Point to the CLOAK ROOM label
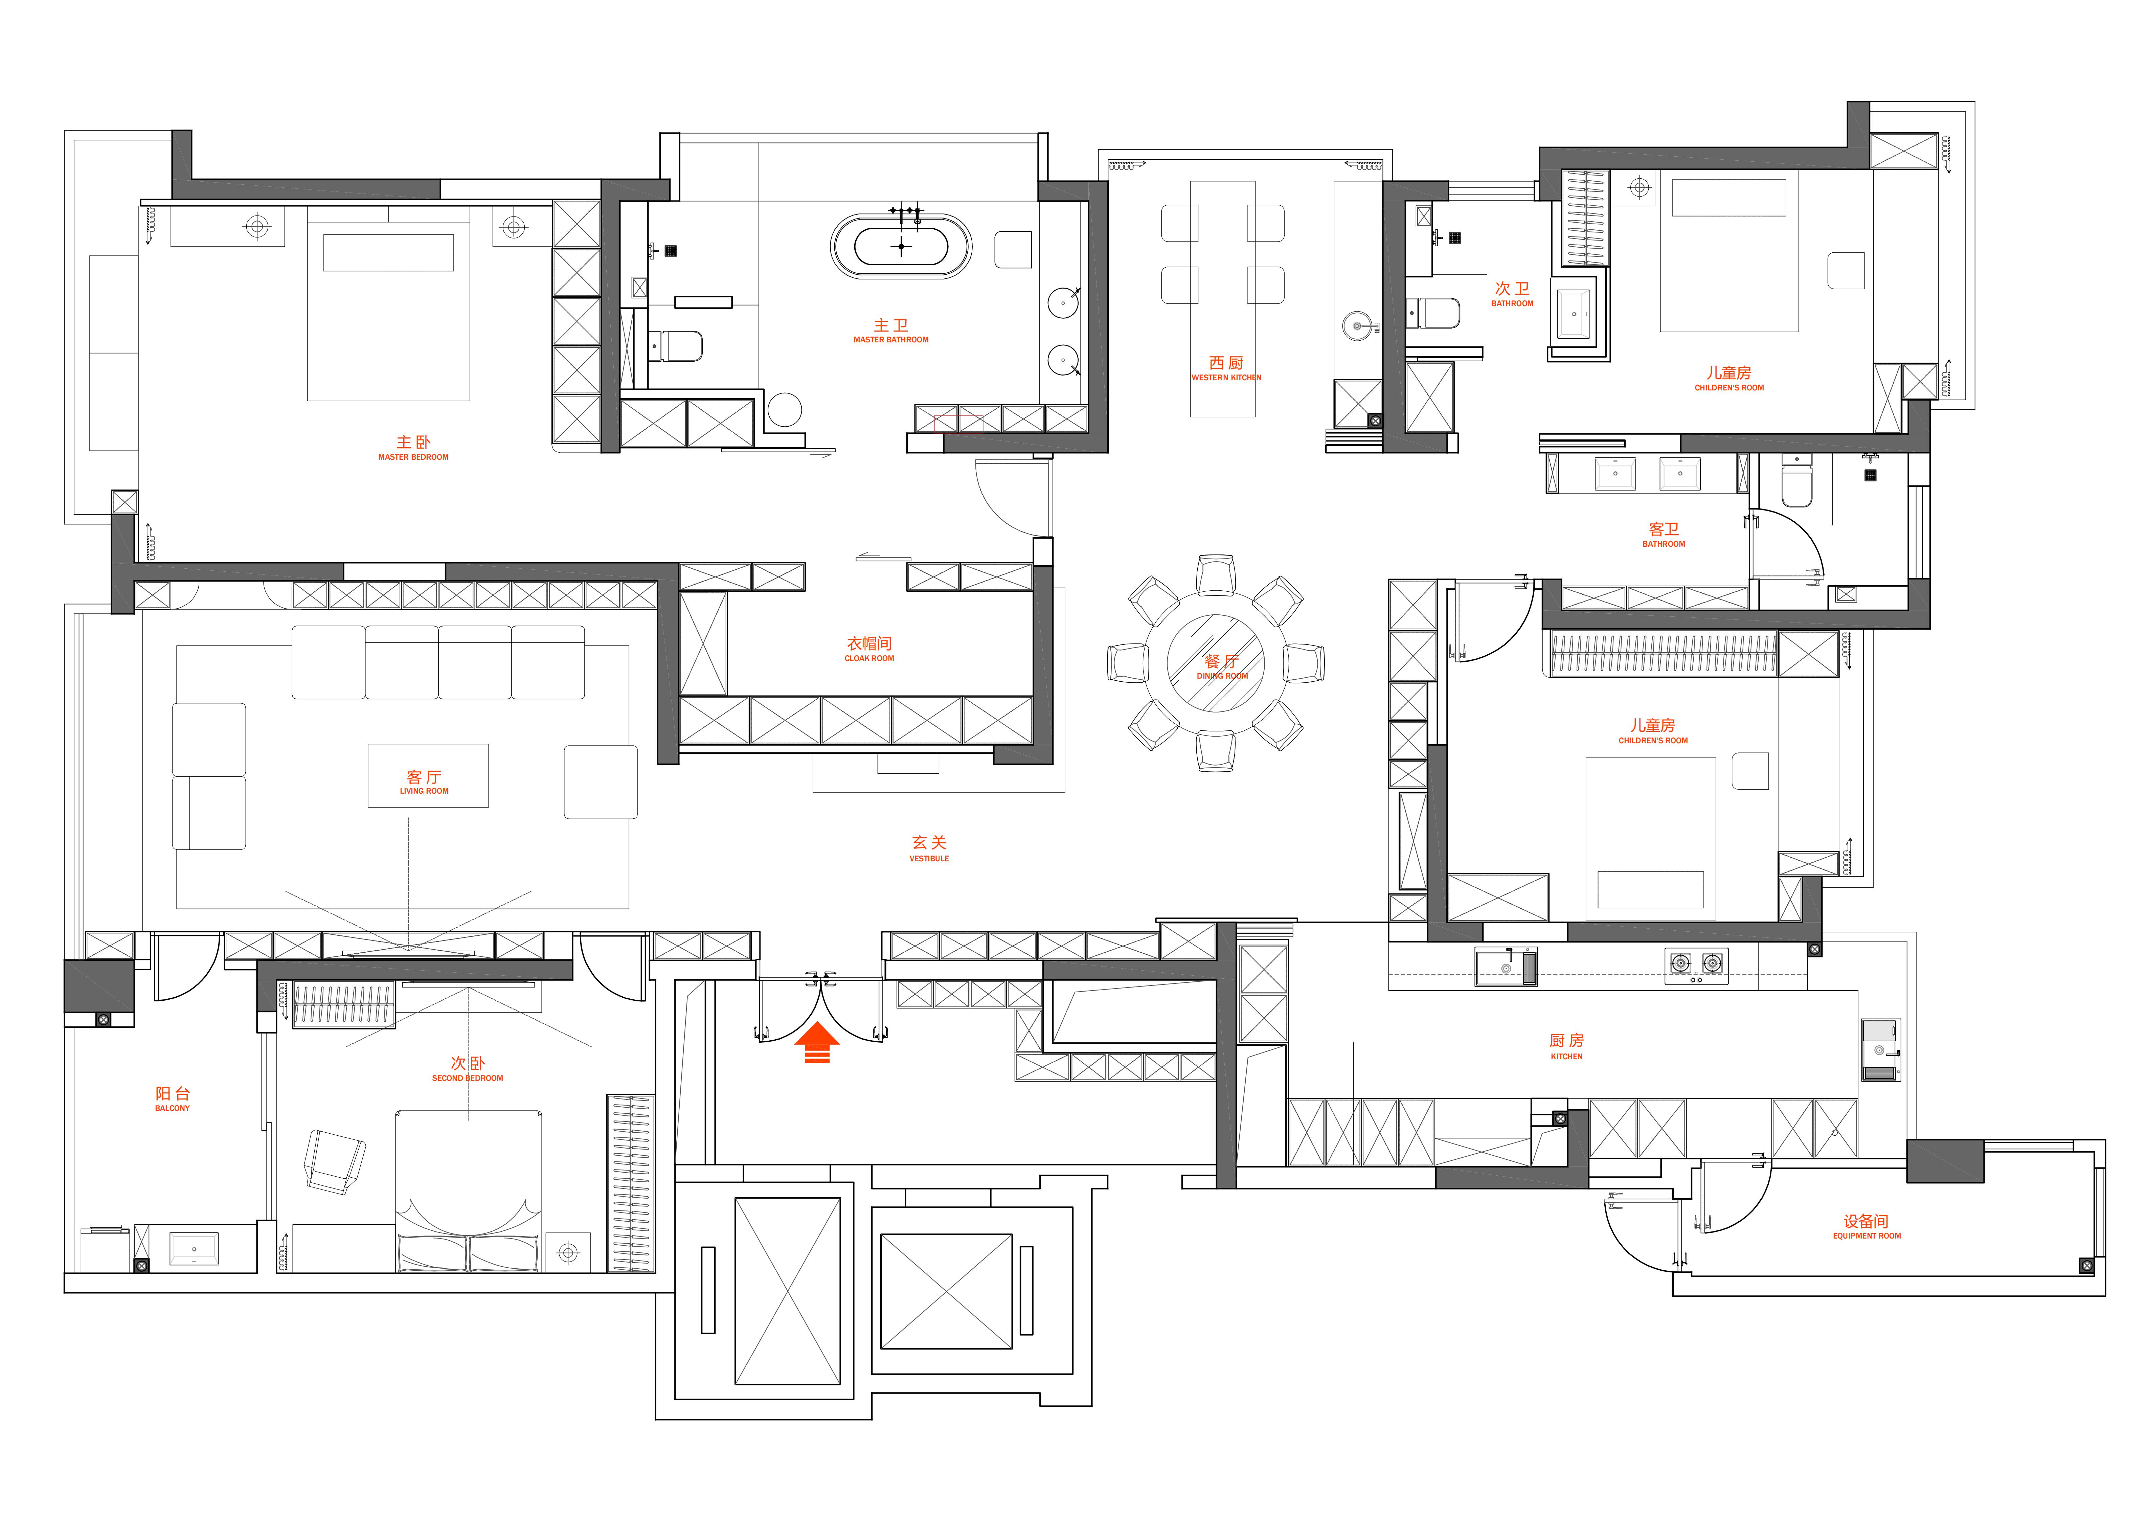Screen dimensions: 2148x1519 pyautogui.click(x=869, y=658)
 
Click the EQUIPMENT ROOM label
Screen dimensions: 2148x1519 pyautogui.click(x=1867, y=1235)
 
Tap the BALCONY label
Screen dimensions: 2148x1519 pyautogui.click(x=172, y=1108)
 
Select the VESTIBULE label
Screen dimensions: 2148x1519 pyautogui.click(x=929, y=859)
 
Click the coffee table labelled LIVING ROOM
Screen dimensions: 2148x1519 pyautogui.click(x=428, y=775)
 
